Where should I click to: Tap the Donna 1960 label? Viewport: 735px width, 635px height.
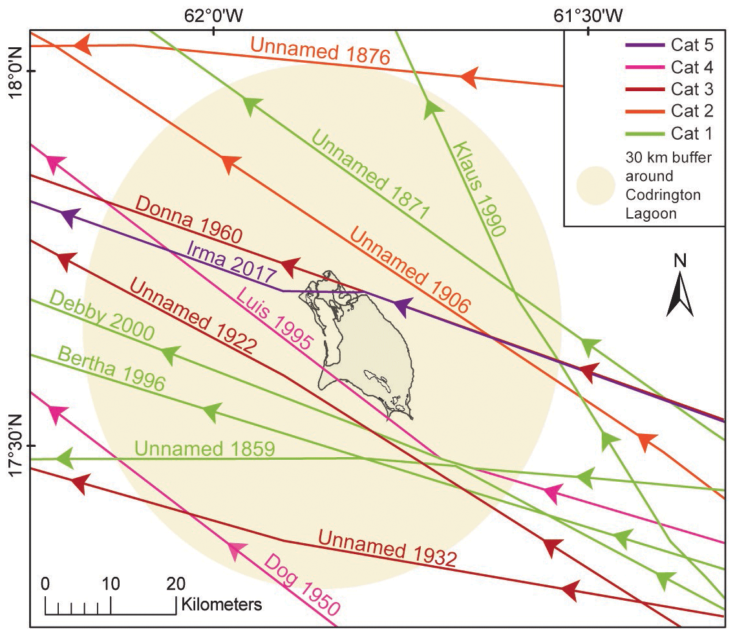(189, 220)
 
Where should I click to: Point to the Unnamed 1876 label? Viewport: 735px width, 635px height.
(321, 52)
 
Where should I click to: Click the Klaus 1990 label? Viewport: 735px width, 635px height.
(479, 188)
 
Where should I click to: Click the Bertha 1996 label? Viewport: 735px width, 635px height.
(111, 369)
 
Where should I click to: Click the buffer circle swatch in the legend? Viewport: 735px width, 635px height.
(595, 185)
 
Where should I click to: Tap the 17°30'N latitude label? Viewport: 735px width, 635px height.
(14, 446)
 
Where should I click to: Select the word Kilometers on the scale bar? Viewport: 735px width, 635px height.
(222, 605)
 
